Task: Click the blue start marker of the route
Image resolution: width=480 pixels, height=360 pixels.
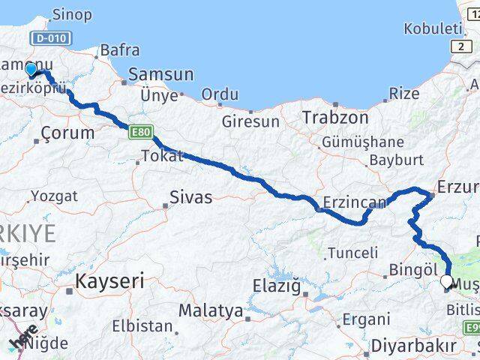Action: coord(31,70)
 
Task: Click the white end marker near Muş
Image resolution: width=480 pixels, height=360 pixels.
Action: coord(447,282)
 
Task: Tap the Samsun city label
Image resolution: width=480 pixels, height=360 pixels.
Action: coord(160,75)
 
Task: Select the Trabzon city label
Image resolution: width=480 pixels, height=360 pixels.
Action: coord(335,118)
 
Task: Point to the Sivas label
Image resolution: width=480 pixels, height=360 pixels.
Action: coord(190,199)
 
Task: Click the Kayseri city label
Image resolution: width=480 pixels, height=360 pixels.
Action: coord(109,283)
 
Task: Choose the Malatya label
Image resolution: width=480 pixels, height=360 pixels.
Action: coord(211,310)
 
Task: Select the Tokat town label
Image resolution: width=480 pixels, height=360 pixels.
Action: coord(158,157)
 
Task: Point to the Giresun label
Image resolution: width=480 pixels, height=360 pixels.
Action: coord(250,121)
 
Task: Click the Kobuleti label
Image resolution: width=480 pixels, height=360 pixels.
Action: coord(433,28)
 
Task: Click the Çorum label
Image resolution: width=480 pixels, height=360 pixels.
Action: coord(68,133)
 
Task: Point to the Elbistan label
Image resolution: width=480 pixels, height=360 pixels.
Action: coord(142,326)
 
